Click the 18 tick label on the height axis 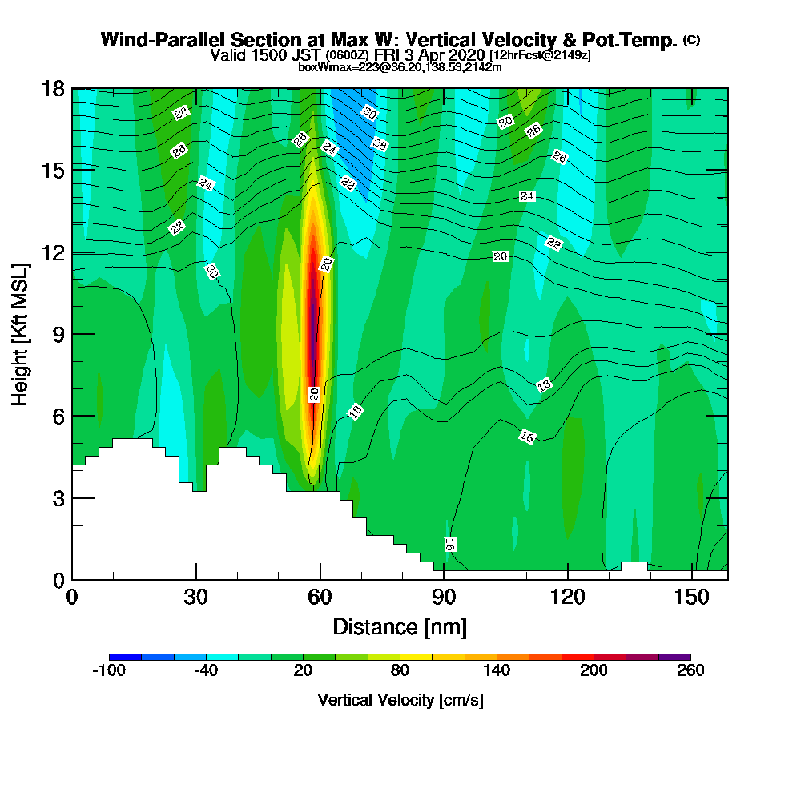[x=53, y=89]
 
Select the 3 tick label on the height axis [x=58, y=498]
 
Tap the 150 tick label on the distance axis [x=692, y=597]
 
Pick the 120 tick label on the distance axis [x=568, y=597]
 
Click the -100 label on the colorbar [x=109, y=670]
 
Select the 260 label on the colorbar [x=690, y=670]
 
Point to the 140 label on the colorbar [x=497, y=670]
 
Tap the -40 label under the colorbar [x=206, y=670]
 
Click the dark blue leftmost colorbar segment [x=125, y=657]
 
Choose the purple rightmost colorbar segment [x=674, y=657]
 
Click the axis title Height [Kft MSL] [x=20, y=335]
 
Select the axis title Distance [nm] [x=400, y=627]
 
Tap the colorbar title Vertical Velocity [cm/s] [x=400, y=700]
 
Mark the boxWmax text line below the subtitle [x=400, y=67]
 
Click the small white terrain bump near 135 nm [x=634, y=566]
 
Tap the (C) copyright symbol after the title [x=692, y=40]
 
